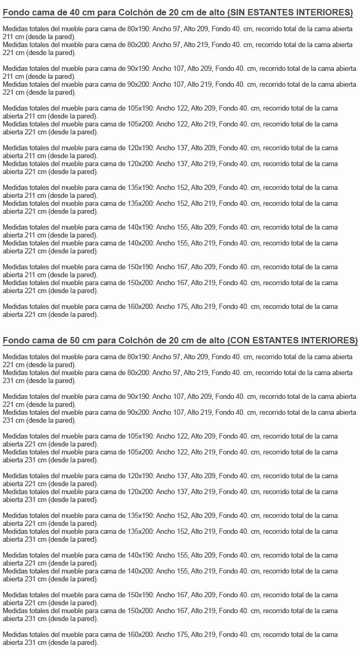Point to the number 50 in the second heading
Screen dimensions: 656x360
[75, 340]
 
